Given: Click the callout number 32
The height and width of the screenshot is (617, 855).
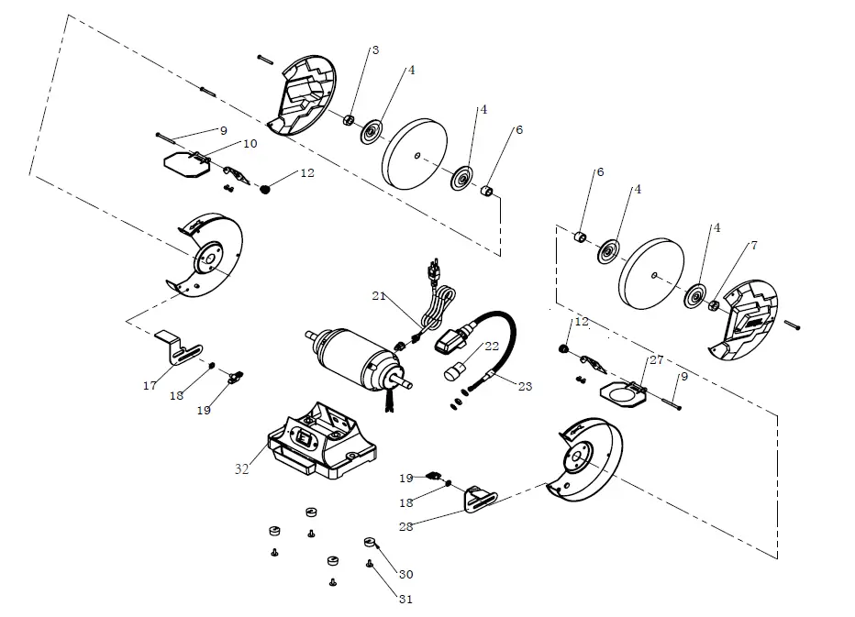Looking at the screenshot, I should [241, 468].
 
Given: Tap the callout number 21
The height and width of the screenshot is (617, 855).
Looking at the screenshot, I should [378, 295].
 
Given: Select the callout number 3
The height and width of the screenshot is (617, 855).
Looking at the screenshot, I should [373, 49].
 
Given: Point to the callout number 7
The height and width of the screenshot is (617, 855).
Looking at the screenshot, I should [753, 246].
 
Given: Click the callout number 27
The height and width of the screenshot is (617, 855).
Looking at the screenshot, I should [656, 361].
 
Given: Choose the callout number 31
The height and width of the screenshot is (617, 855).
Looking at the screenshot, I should [405, 600].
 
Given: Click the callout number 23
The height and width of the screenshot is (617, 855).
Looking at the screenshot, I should [525, 387].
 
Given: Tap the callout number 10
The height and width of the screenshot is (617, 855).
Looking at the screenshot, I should [250, 144].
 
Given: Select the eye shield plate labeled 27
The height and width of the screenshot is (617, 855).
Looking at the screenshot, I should [624, 393].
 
